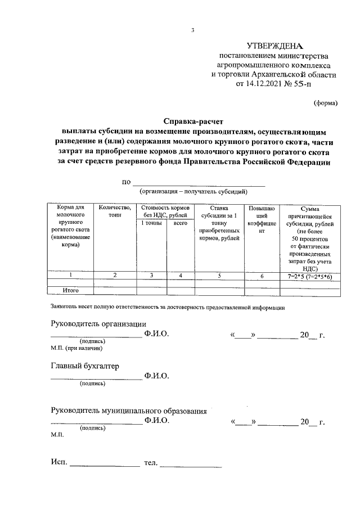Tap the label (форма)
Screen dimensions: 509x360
325,103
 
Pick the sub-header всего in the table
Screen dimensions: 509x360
180,223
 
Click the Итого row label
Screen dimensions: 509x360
70,290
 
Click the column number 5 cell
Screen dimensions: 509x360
219,276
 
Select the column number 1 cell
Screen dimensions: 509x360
70,276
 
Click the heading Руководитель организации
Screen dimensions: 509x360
98,323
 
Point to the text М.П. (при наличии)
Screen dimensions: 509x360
76,349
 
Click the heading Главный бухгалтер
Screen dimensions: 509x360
85,366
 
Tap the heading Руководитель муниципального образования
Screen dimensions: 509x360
128,411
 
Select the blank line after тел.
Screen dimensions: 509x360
192,466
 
